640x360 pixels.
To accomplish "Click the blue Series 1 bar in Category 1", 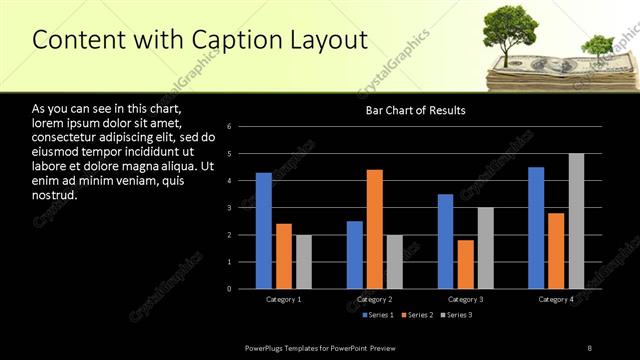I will click(x=263, y=231).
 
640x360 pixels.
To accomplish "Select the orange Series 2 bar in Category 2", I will click(x=374, y=229).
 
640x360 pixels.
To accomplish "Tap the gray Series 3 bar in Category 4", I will click(x=576, y=221).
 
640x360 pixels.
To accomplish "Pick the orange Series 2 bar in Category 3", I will click(x=466, y=264).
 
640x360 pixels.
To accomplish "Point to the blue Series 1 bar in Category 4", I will click(x=536, y=228).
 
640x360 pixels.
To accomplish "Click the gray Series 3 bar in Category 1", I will click(x=303, y=262).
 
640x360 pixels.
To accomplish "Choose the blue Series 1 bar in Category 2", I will click(x=355, y=255).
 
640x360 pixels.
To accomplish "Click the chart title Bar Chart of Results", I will click(x=414, y=111).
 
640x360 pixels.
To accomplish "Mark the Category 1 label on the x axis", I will click(x=284, y=299).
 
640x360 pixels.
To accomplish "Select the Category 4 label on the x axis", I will click(x=556, y=299).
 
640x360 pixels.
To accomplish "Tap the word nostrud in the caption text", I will click(x=54, y=195).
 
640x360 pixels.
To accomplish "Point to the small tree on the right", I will click(x=597, y=45).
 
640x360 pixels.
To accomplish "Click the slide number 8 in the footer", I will click(x=590, y=347).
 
